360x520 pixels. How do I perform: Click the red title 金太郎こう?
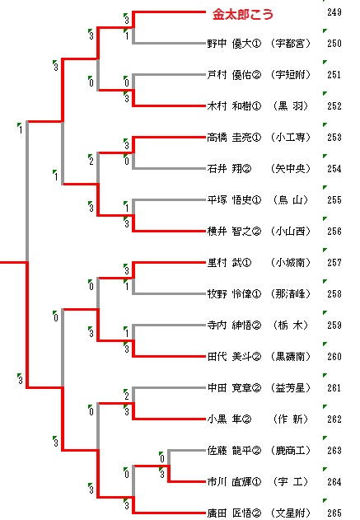click(243, 14)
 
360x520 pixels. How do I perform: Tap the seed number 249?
click(334, 12)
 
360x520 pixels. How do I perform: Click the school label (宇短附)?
click(291, 75)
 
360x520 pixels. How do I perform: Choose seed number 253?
click(334, 138)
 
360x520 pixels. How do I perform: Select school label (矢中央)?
click(291, 168)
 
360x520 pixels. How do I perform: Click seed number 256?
click(334, 231)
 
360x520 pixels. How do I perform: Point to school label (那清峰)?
click(291, 294)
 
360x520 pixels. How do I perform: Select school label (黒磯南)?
click(291, 357)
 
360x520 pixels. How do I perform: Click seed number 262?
click(334, 419)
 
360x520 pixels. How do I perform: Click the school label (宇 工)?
click(291, 481)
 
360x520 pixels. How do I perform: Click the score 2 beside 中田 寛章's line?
click(127, 396)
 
